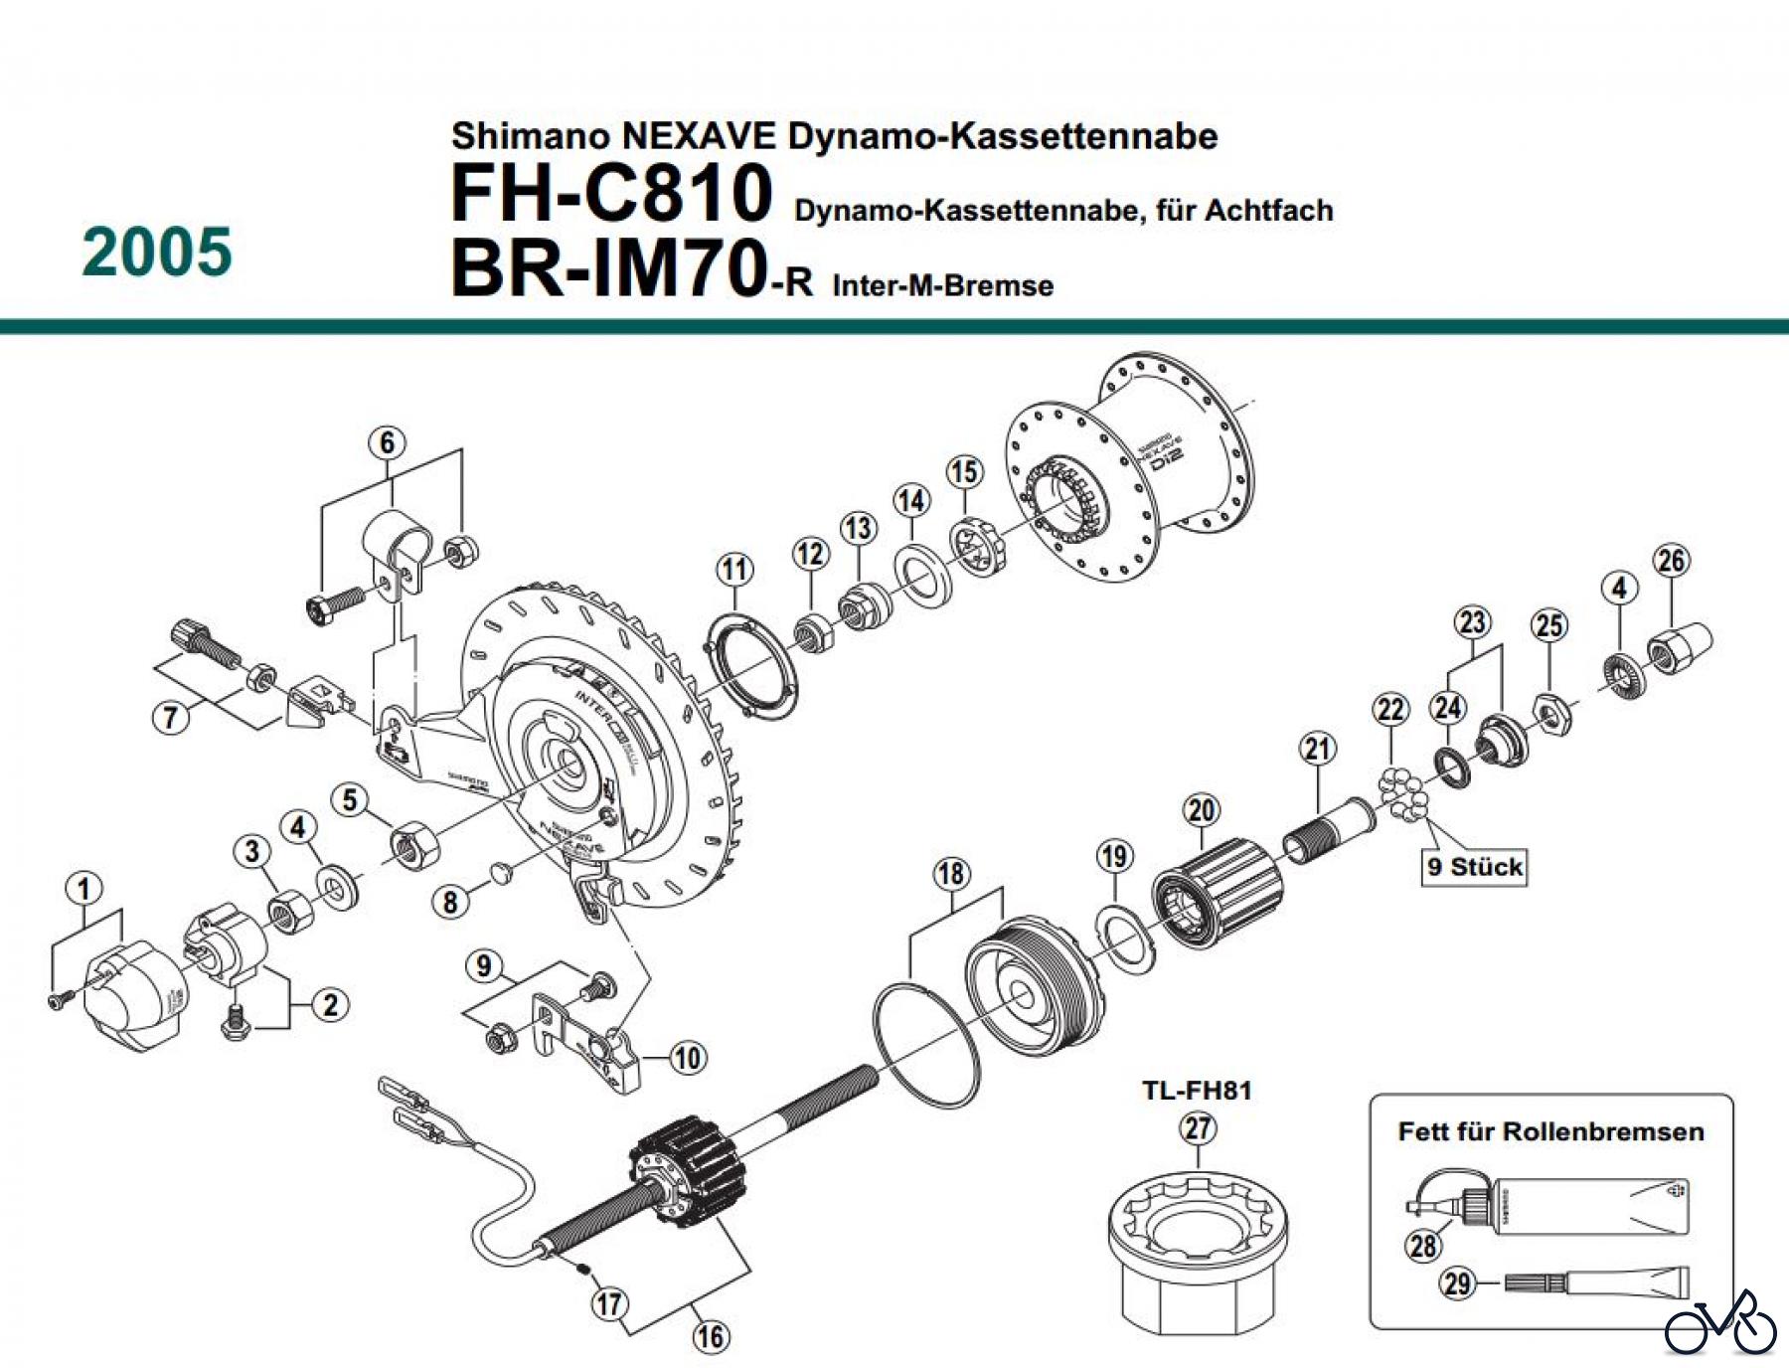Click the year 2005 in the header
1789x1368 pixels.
pyautogui.click(x=157, y=253)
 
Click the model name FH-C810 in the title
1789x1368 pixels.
pyautogui.click(x=610, y=193)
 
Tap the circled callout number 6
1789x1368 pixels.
pyautogui.click(x=387, y=443)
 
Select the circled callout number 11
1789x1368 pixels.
pyautogui.click(x=734, y=570)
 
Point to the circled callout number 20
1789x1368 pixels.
pyautogui.click(x=1202, y=810)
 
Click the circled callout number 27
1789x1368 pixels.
pyautogui.click(x=1198, y=1128)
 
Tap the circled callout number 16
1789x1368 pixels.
pyautogui.click(x=710, y=1336)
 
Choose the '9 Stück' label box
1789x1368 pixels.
pyautogui.click(x=1475, y=867)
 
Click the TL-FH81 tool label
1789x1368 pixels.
pyautogui.click(x=1197, y=1091)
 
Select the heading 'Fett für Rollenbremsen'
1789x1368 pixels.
pyautogui.click(x=1550, y=1131)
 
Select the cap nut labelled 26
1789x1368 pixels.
pyautogui.click(x=1681, y=648)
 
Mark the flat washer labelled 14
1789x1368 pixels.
pyautogui.click(x=924, y=577)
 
